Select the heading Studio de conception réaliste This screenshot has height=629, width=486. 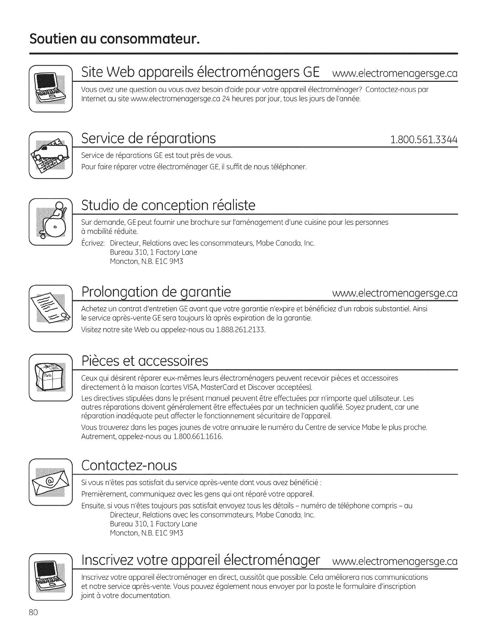point(168,205)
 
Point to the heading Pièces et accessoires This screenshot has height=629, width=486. point(145,361)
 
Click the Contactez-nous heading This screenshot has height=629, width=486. point(129,465)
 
